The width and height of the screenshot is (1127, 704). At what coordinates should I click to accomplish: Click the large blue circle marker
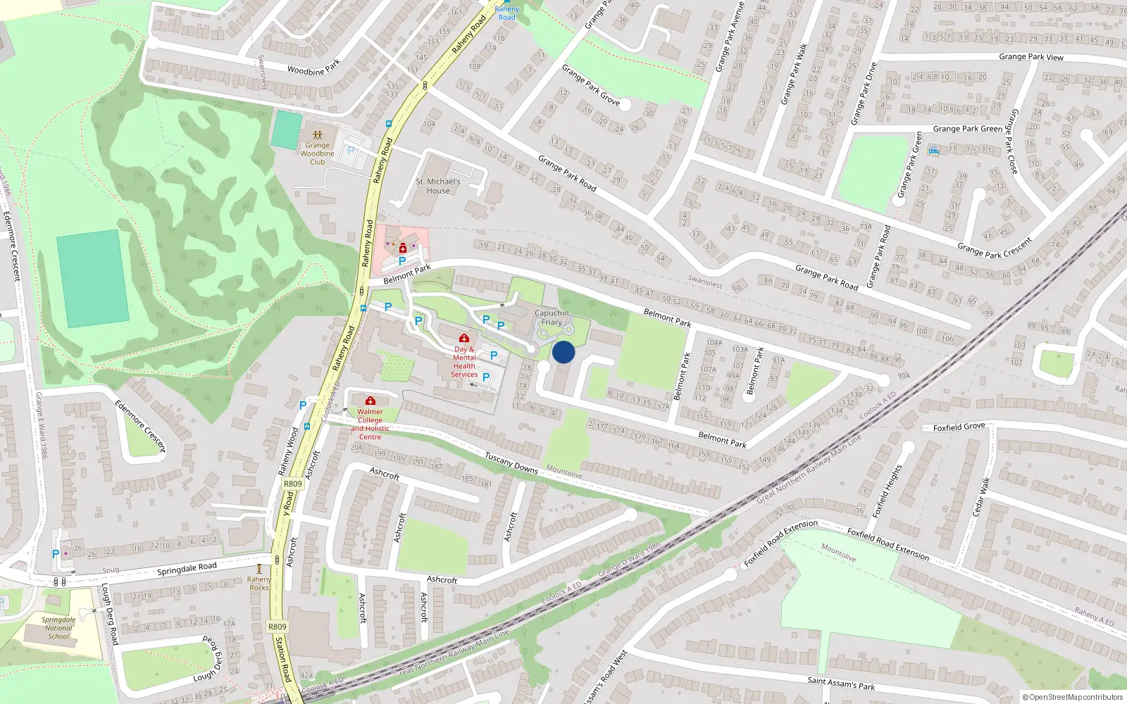tap(563, 352)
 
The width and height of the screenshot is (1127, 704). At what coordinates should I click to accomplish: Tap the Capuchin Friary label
tap(552, 318)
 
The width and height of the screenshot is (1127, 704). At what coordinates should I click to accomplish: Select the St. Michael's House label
tap(437, 186)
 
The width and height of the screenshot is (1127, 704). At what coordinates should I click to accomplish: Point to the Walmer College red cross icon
tap(371, 401)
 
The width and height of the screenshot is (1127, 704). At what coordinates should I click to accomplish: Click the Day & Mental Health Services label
tap(464, 361)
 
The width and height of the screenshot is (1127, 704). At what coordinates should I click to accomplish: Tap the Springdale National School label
tap(58, 628)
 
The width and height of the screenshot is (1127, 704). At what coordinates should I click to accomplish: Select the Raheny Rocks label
tap(259, 583)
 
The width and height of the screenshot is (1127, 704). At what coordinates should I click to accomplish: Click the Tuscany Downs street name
tap(511, 463)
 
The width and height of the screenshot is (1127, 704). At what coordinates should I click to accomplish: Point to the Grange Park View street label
tap(1031, 56)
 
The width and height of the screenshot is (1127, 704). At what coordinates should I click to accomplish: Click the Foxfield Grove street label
tap(959, 427)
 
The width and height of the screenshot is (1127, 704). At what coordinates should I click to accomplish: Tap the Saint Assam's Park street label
tap(841, 682)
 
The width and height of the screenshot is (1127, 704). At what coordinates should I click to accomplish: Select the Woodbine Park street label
tap(313, 68)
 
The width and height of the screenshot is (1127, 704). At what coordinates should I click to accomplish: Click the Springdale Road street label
tap(187, 569)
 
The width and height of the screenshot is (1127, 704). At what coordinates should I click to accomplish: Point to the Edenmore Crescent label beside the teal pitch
tap(12, 246)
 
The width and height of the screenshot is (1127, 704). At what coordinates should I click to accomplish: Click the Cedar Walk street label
tap(981, 497)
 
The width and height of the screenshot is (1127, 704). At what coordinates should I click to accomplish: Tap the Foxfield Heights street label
tap(888, 491)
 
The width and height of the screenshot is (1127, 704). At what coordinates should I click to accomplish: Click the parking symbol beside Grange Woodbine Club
tap(351, 151)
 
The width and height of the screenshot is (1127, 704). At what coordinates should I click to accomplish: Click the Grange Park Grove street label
tap(590, 85)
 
